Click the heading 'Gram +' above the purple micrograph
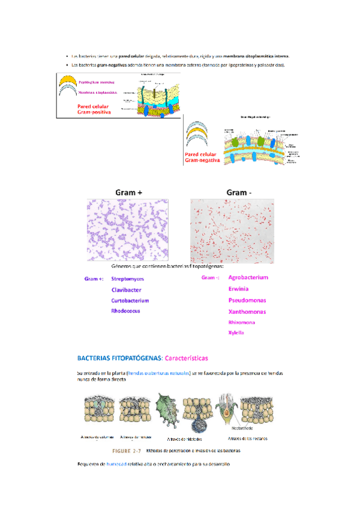(x=129, y=193)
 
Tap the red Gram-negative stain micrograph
(x=232, y=229)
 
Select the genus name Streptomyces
(x=127, y=279)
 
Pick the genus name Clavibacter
(x=126, y=289)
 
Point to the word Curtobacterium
(x=130, y=300)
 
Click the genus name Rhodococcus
(x=125, y=311)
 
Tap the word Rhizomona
(x=241, y=322)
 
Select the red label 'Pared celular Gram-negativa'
(x=203, y=158)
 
